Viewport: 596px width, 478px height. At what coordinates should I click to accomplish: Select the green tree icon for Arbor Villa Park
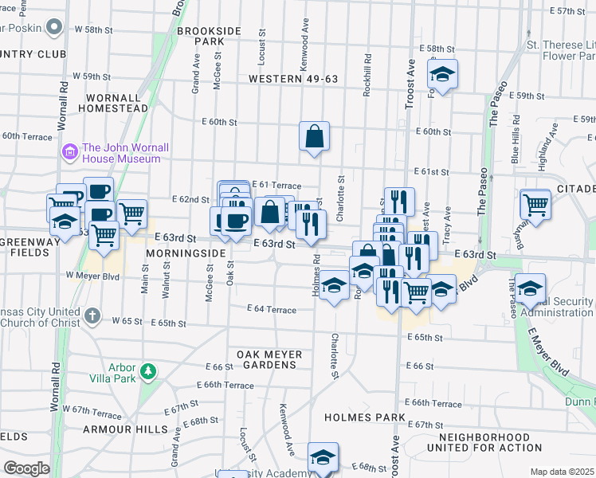tap(147, 371)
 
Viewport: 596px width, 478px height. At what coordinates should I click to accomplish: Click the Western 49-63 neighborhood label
tap(293, 79)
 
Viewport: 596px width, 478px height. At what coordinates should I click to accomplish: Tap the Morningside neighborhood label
tap(186, 253)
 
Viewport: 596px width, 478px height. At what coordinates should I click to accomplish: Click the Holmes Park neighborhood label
tap(365, 417)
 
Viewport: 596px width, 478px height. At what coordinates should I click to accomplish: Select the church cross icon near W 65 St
tap(92, 315)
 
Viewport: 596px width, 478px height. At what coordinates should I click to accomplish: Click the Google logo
tap(26, 468)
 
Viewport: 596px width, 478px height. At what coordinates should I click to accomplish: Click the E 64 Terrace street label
tap(271, 308)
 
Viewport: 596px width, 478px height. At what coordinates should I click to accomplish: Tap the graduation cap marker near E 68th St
tap(323, 457)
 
